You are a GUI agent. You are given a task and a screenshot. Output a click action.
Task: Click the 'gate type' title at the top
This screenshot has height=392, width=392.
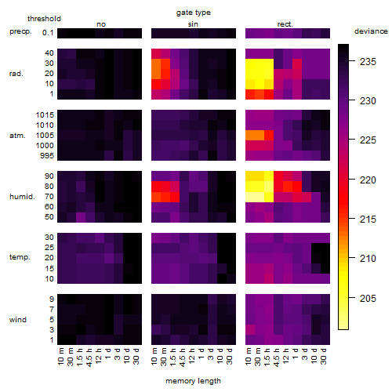194,13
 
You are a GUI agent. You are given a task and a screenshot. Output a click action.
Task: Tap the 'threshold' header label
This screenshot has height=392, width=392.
44,19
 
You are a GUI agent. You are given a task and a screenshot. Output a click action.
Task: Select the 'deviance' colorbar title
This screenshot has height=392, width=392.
371,31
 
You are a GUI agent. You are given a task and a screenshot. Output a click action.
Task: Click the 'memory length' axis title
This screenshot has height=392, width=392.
193,381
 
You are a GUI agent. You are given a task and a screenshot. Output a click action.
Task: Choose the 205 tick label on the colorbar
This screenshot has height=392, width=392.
368,298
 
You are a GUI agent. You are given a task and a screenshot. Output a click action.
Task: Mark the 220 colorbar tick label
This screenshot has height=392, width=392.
368,180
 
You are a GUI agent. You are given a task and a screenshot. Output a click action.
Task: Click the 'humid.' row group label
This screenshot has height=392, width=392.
22,197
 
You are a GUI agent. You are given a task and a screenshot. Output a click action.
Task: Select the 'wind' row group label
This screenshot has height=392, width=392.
18,320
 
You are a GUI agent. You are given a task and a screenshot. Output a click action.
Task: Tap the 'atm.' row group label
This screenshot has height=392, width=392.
17,136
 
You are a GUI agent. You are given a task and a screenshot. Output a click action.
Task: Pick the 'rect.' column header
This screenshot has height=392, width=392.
285,24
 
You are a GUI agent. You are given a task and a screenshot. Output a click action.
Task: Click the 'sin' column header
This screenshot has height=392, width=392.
193,24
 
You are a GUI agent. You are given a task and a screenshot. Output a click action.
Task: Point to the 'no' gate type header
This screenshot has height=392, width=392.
101,24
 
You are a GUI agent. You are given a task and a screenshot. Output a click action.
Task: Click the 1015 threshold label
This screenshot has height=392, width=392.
45,115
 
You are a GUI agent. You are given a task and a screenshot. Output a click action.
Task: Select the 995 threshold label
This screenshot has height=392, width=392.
47,156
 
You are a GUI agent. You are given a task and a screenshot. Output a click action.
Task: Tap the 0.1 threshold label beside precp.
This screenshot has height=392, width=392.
48,33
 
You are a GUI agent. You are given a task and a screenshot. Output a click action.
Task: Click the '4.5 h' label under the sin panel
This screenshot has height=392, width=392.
182,358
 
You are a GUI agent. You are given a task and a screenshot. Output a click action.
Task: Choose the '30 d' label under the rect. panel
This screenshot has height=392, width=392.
323,357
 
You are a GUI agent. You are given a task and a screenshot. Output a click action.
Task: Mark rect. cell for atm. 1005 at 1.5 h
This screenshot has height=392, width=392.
269,136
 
